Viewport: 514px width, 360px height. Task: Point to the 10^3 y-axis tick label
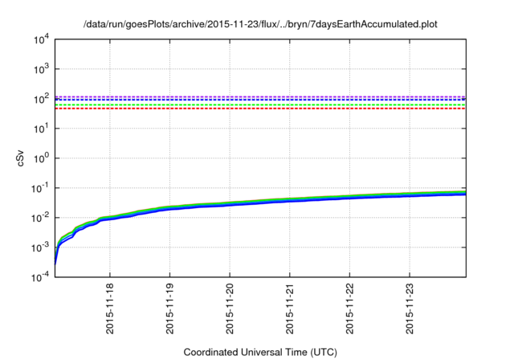pos(40,69)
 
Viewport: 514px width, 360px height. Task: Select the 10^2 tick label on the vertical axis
pos(40,99)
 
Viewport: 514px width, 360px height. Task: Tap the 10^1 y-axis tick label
pos(40,129)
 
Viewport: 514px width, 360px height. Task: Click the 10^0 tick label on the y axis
pos(40,158)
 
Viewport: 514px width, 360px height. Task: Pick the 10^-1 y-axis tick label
pos(39,188)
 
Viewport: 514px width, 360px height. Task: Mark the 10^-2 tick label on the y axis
pos(39,218)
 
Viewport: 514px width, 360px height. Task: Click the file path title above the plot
pos(262,23)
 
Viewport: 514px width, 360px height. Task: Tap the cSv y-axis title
pos(21,159)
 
